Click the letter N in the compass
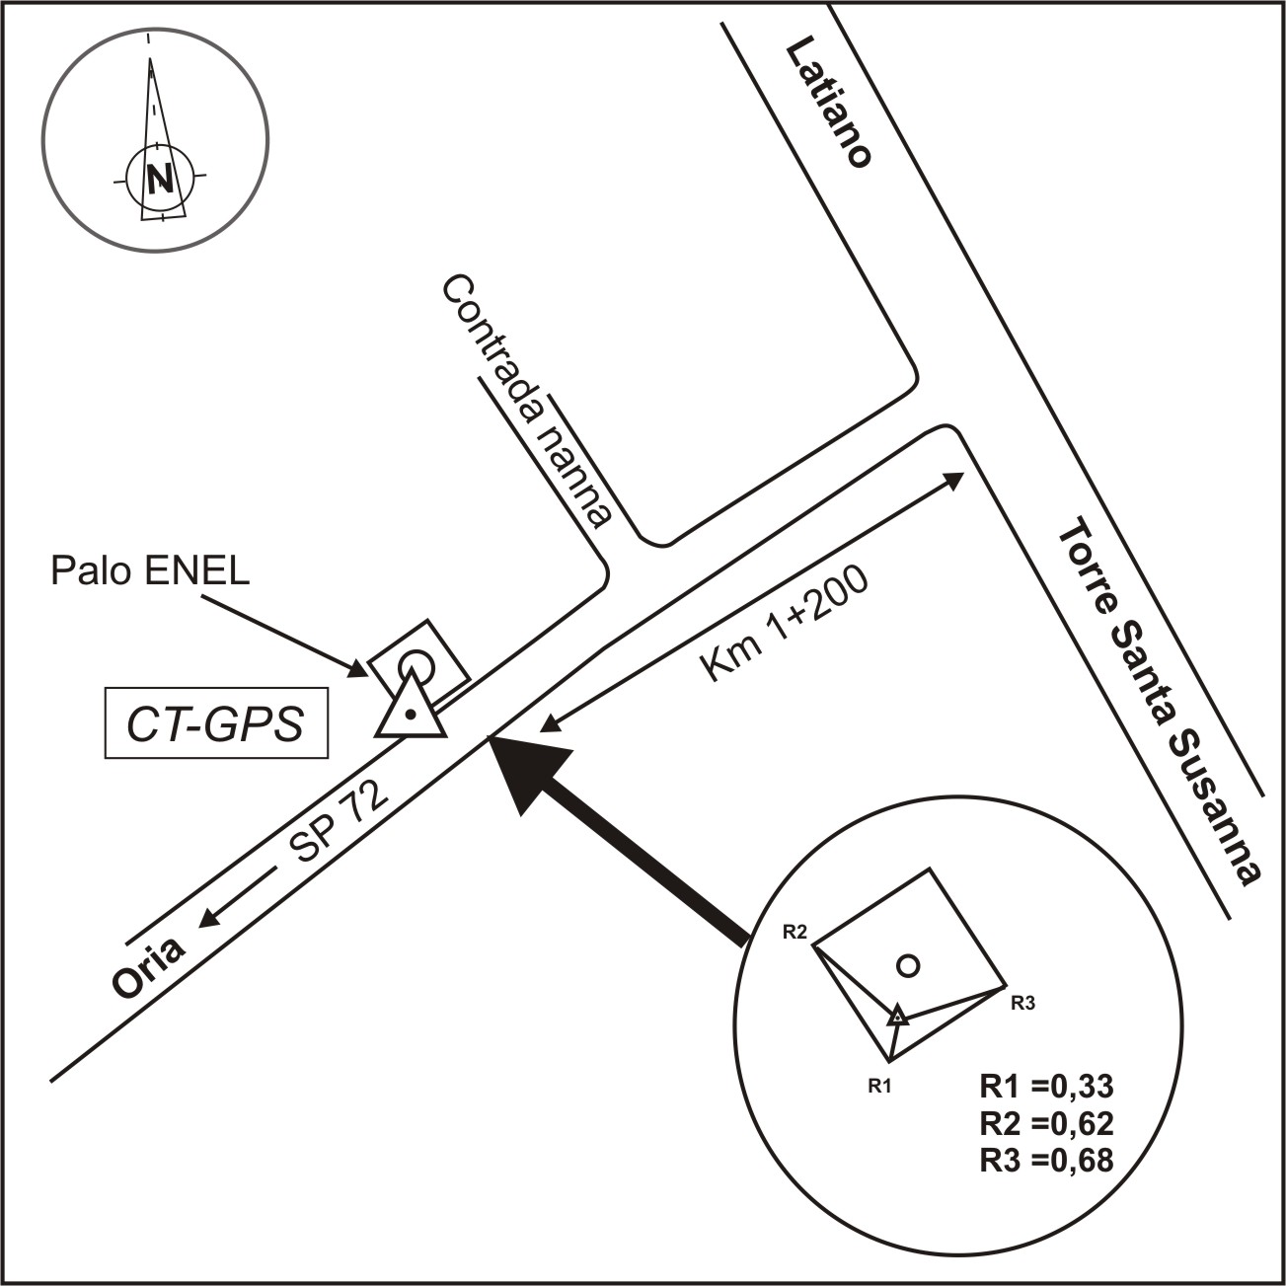[159, 178]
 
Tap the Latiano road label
[828, 105]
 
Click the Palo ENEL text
[150, 571]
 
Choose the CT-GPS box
[216, 726]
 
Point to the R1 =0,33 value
[1046, 1087]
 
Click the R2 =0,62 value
[1046, 1123]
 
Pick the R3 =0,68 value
[1046, 1160]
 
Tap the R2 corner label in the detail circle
[795, 931]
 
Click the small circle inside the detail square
[909, 965]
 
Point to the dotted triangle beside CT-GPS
[410, 712]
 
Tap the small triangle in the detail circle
[896, 1016]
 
